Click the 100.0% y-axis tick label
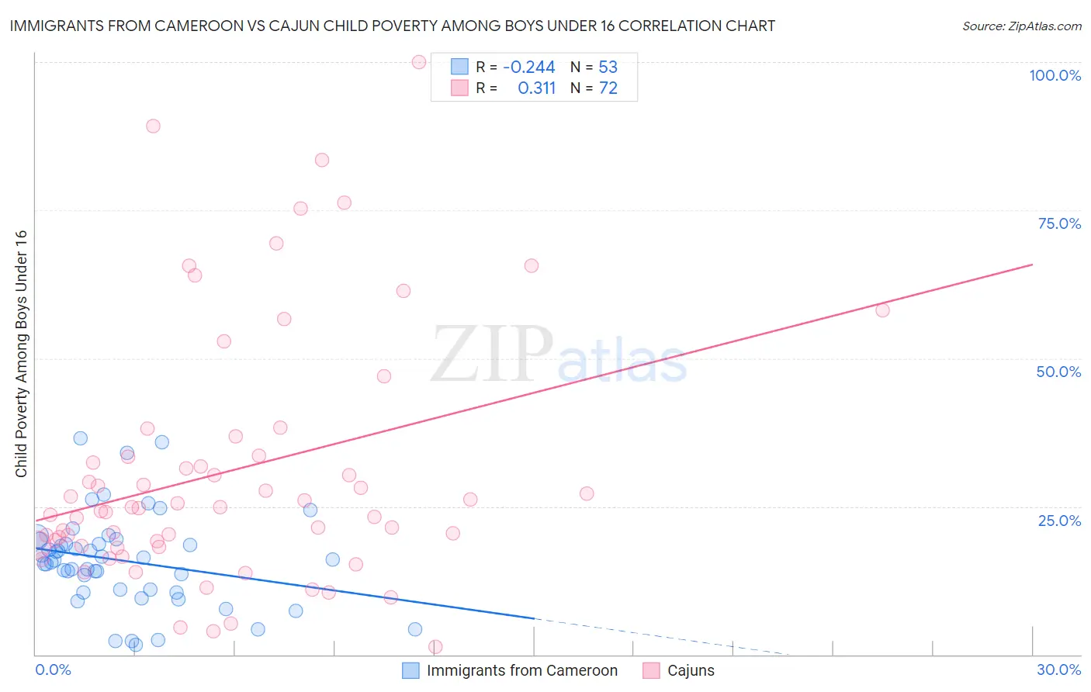tap(1055, 75)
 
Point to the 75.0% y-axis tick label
tap(1059, 223)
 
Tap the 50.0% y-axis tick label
tap(1058, 372)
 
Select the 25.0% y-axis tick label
tap(1059, 521)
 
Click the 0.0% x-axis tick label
tap(53, 670)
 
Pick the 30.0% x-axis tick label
tap(1058, 670)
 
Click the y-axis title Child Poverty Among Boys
tap(21, 354)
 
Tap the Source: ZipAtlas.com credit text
tap(1021, 26)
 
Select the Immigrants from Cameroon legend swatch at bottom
tap(410, 670)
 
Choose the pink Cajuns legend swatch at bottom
tap(651, 670)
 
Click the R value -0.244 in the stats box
tap(528, 67)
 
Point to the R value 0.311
tap(536, 88)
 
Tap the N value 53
tap(608, 67)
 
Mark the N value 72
tap(608, 88)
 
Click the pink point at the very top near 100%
tap(419, 62)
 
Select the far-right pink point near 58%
tap(882, 310)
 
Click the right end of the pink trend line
tap(1031, 265)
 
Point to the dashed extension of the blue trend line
tap(660, 637)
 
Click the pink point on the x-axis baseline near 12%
tap(435, 647)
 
